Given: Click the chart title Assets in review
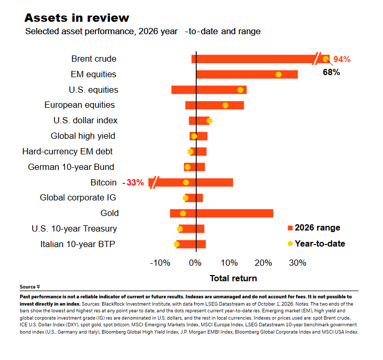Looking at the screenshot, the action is [x=77, y=18].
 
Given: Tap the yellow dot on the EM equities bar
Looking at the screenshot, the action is [x=278, y=75].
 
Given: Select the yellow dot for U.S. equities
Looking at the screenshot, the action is [x=240, y=90].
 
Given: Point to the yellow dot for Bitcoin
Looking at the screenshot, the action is [x=186, y=182].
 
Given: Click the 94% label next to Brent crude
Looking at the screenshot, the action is [x=342, y=59].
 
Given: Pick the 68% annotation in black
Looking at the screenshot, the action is [x=331, y=72].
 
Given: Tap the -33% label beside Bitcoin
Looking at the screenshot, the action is [x=133, y=182].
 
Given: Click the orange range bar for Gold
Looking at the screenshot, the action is [x=221, y=213].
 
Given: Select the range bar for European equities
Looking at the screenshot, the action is [x=215, y=105].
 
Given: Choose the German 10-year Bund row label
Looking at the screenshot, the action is [x=71, y=167].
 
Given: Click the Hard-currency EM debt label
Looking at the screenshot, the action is [x=67, y=152].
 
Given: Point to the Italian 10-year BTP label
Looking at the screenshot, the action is [x=78, y=244].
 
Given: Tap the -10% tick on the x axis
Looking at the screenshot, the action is [x=160, y=263].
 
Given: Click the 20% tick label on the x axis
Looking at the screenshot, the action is [x=263, y=263].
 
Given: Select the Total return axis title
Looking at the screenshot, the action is [x=233, y=278].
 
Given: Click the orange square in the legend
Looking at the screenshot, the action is [x=290, y=228].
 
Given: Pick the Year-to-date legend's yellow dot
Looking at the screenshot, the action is [x=290, y=243].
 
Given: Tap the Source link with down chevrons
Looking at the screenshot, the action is [x=30, y=287].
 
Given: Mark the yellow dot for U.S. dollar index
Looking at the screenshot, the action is [x=209, y=121].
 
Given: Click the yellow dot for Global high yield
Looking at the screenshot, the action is [x=194, y=136].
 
